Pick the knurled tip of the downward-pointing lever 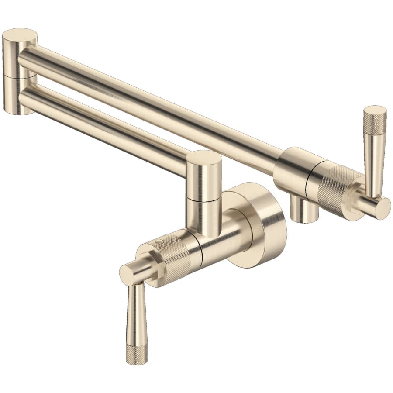[x=137, y=354]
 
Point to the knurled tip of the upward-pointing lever [x=375, y=118]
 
